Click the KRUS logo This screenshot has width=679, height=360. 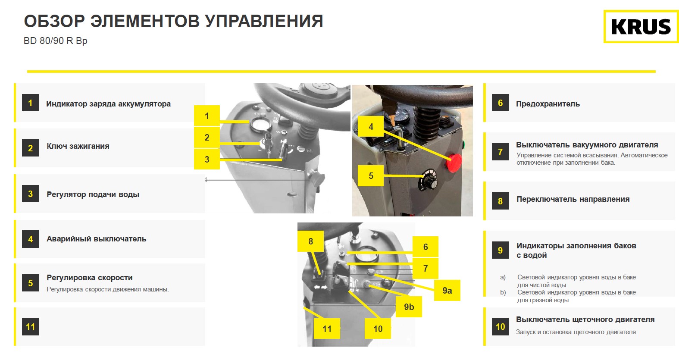click(641, 27)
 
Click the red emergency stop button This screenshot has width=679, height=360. click(453, 163)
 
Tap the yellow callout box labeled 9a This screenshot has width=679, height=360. click(447, 290)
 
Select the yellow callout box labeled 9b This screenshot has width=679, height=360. click(409, 307)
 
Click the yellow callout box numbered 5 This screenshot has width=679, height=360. click(371, 176)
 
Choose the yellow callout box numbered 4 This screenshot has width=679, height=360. click(371, 127)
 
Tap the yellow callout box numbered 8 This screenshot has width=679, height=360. click(310, 241)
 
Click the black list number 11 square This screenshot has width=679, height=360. click(31, 327)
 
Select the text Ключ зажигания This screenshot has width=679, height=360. click(78, 146)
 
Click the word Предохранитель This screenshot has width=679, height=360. click(548, 104)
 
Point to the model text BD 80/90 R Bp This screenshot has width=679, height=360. click(56, 41)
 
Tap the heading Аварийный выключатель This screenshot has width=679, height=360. click(97, 239)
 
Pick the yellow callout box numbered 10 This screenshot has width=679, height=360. click(378, 329)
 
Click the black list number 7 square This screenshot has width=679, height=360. click(500, 152)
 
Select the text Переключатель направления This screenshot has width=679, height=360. click(573, 199)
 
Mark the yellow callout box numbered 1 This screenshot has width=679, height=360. click(207, 116)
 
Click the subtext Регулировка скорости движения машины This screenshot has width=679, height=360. click(108, 289)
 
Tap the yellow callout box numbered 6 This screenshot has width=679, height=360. click(425, 247)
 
